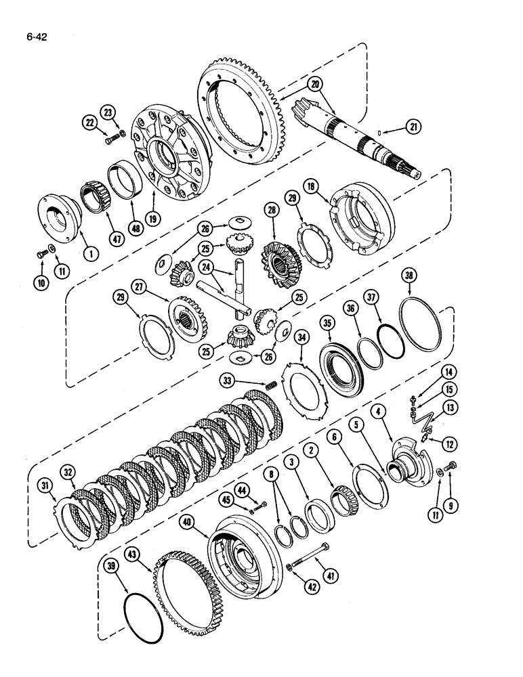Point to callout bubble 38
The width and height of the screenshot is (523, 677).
[410, 275]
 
